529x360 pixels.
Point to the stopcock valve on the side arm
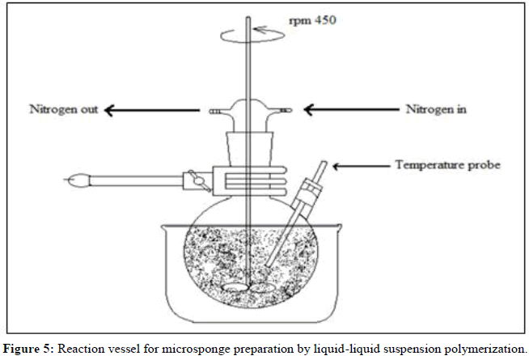tap(193, 176)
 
